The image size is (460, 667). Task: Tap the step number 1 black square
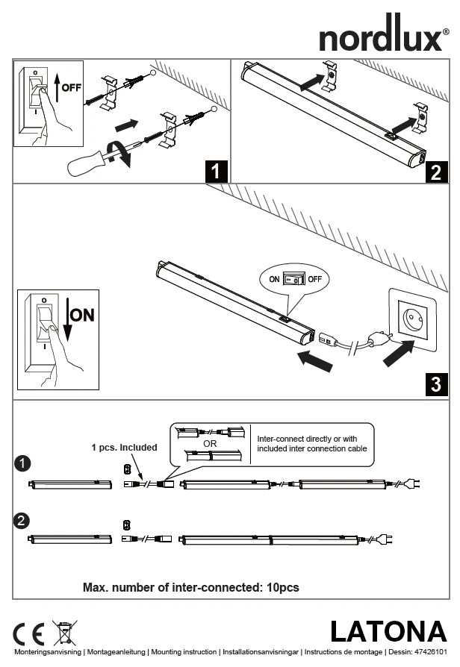click(x=216, y=172)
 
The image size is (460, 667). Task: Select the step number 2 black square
click(x=435, y=172)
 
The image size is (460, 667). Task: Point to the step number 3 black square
click(x=435, y=385)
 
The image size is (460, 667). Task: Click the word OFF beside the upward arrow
click(x=72, y=87)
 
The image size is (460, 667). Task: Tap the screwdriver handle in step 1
click(x=82, y=163)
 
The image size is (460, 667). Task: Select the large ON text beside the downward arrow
click(x=83, y=315)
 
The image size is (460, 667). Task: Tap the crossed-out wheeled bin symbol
click(x=63, y=632)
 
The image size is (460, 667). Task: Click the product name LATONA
click(x=388, y=632)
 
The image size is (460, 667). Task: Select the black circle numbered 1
click(x=23, y=464)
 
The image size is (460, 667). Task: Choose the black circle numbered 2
click(x=23, y=521)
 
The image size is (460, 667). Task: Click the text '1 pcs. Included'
click(x=125, y=448)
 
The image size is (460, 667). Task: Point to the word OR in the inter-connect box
click(x=210, y=443)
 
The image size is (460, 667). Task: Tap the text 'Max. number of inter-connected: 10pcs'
click(x=191, y=588)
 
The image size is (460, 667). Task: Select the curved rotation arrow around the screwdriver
click(x=115, y=151)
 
